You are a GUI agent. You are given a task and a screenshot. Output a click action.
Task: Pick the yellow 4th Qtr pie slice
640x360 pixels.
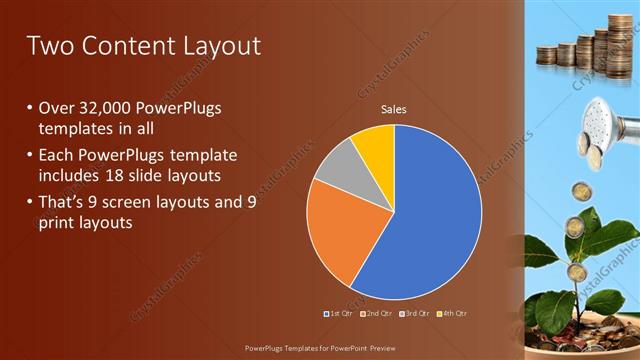click(376, 144)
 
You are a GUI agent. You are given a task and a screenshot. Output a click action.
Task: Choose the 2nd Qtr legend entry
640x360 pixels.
click(376, 313)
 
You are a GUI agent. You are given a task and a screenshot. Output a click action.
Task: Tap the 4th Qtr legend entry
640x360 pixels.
click(452, 313)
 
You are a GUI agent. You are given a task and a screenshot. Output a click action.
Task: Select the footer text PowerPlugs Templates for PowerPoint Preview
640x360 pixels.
click(319, 348)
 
